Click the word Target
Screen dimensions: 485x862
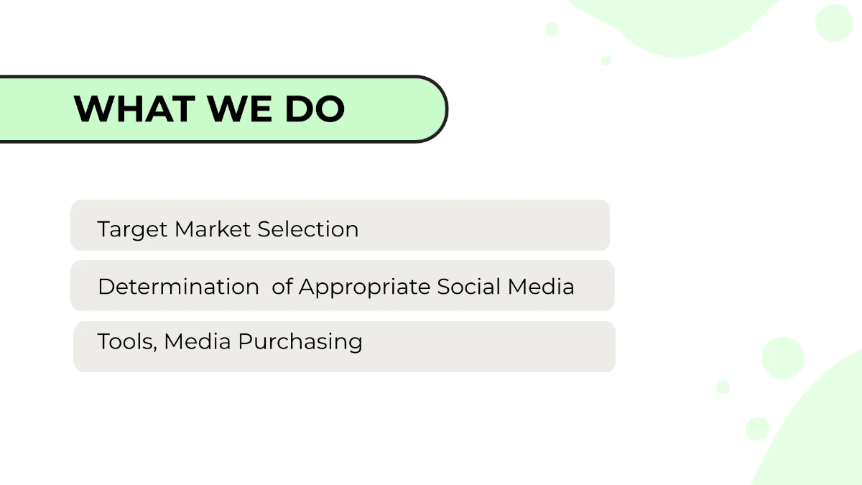133,230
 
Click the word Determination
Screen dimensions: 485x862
178,287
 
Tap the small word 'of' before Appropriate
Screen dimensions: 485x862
283,287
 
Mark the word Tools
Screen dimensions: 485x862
125,341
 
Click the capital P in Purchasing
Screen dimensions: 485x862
245,341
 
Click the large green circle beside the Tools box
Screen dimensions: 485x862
782,357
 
